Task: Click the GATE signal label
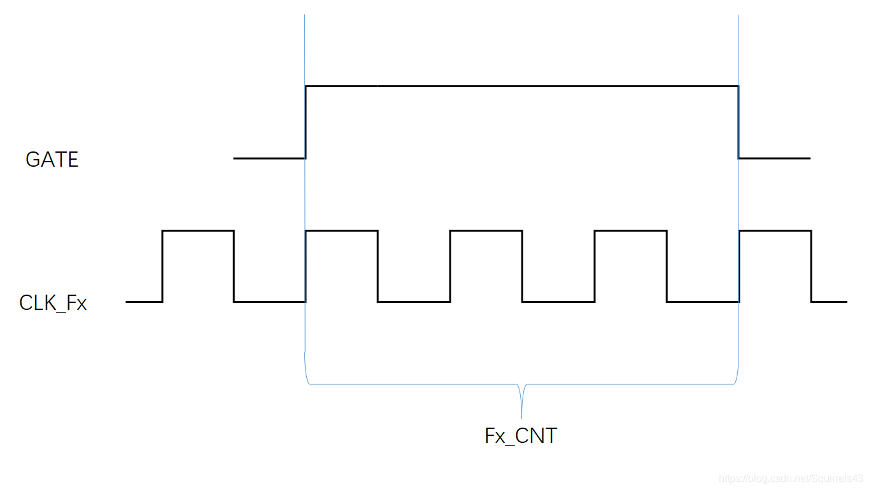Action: click(52, 159)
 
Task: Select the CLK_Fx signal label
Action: click(53, 303)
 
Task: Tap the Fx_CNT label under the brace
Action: click(521, 436)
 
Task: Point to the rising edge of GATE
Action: click(306, 122)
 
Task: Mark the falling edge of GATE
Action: click(738, 122)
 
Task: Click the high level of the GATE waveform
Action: click(522, 85)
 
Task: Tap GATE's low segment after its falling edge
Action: click(774, 158)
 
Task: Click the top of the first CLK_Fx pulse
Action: click(198, 230)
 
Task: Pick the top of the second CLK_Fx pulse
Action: click(342, 230)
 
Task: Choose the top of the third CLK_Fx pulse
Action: click(486, 230)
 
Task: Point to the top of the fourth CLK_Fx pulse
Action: click(631, 230)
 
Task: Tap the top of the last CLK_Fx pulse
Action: click(775, 230)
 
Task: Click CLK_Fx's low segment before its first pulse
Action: click(144, 302)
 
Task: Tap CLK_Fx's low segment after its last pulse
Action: click(829, 302)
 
